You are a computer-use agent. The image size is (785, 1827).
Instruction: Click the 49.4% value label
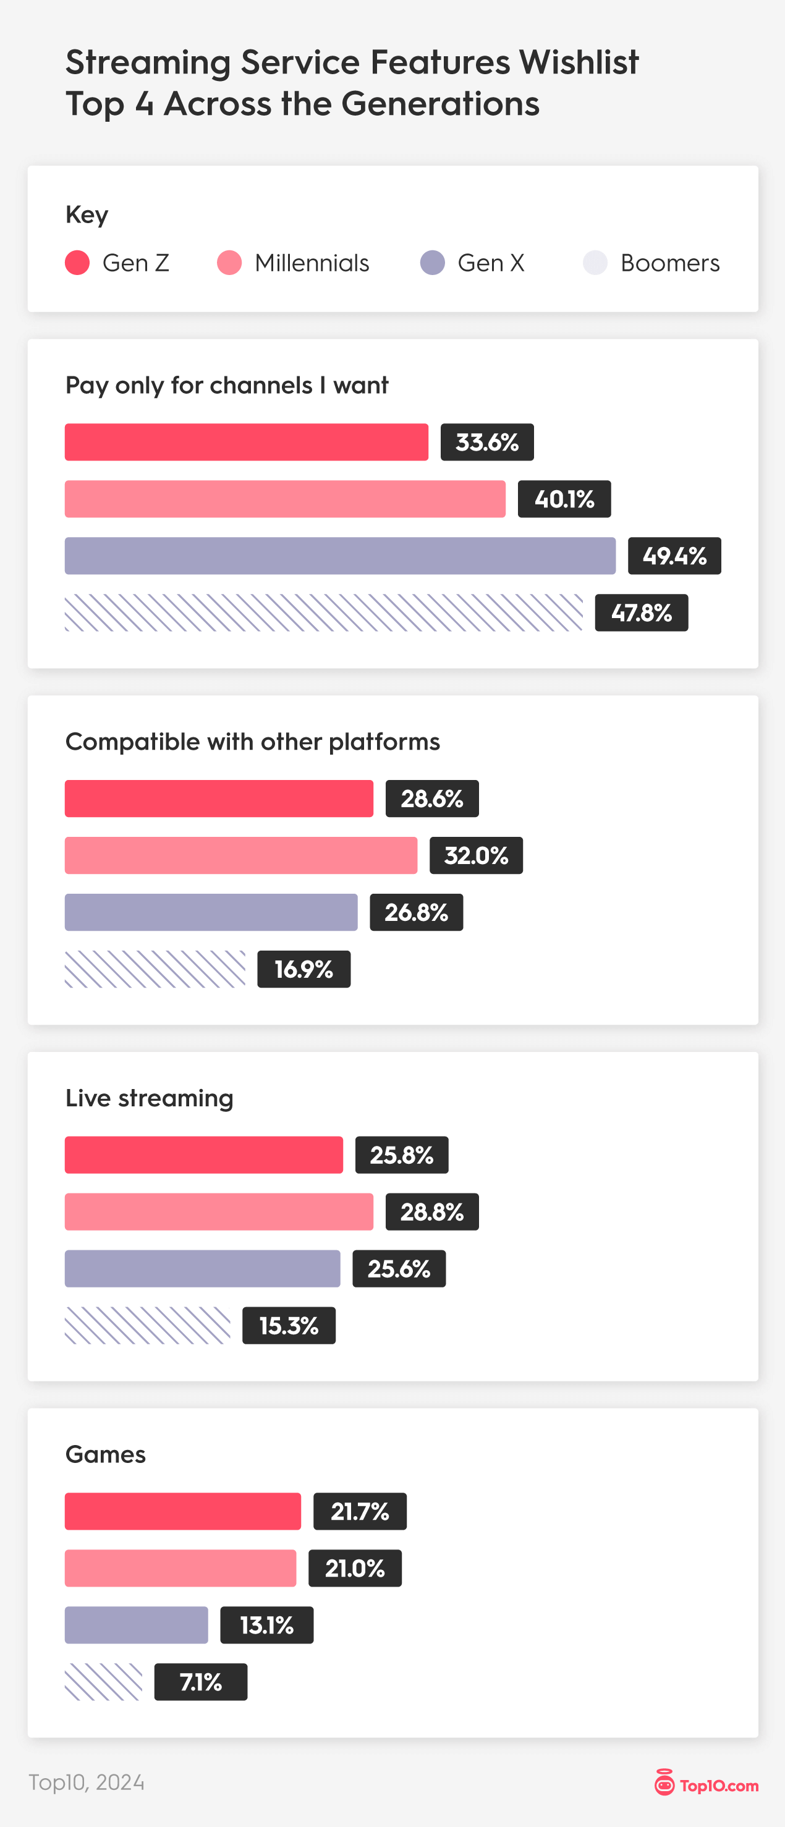tap(674, 556)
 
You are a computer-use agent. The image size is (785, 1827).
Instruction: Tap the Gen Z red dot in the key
tap(77, 263)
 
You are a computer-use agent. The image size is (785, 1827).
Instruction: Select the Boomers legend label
tap(669, 263)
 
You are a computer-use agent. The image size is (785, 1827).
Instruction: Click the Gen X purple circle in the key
tap(433, 263)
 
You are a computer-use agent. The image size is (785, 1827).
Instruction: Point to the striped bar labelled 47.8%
tap(323, 613)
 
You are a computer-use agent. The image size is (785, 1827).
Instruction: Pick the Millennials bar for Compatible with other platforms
tap(241, 855)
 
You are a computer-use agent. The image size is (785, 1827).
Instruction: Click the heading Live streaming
tap(150, 1098)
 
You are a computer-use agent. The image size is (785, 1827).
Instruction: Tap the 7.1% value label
tap(201, 1682)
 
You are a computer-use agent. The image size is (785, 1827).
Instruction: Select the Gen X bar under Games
tap(136, 1625)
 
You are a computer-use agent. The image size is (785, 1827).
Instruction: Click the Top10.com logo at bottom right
tap(706, 1782)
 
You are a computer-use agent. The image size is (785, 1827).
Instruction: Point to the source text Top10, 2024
tap(87, 1782)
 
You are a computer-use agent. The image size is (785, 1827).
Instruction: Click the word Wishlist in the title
tap(579, 62)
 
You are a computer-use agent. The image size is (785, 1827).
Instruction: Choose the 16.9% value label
tap(303, 969)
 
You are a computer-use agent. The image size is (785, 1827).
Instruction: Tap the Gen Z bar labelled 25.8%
tap(203, 1155)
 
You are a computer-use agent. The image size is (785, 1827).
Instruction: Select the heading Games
tap(106, 1455)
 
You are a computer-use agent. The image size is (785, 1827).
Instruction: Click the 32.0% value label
tap(476, 855)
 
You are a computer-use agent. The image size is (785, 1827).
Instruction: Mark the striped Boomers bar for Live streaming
tap(148, 1326)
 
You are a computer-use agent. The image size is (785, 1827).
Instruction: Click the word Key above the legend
tap(87, 214)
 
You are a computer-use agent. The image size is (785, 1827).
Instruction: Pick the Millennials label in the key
tap(312, 263)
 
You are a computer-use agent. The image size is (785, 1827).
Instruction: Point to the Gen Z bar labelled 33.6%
tap(246, 443)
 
